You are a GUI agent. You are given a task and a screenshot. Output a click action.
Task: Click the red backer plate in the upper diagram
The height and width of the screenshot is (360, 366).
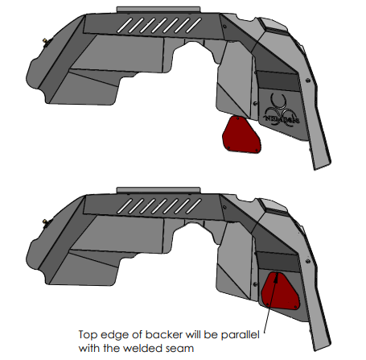[x=241, y=135]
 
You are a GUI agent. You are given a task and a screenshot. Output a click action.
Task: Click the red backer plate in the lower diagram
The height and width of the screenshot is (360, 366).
[x=280, y=292]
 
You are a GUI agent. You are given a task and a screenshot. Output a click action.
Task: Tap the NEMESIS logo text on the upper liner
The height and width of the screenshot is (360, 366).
[x=282, y=119]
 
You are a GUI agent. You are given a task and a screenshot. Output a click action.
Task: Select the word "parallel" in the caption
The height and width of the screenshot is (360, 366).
[x=241, y=335]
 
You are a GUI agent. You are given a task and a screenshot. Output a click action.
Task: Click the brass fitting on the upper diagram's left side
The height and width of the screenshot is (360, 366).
[x=45, y=41]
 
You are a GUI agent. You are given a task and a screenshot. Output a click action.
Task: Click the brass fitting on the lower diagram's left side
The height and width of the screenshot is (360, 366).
[x=45, y=221]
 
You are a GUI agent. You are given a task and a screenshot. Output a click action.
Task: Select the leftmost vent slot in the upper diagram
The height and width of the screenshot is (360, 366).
[x=124, y=26]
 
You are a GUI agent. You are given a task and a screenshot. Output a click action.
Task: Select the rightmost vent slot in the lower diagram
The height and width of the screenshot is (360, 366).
[x=194, y=206]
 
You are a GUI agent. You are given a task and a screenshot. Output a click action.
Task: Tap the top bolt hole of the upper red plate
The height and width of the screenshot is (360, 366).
[x=237, y=118]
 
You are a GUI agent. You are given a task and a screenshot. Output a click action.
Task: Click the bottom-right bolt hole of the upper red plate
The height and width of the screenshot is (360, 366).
[x=257, y=150]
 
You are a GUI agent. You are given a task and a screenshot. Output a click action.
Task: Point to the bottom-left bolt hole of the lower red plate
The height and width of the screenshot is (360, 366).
[x=268, y=304]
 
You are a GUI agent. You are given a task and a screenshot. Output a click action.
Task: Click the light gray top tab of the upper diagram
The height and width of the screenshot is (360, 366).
[x=158, y=10]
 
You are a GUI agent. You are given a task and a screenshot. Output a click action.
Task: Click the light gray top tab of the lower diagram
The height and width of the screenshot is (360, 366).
[x=158, y=190]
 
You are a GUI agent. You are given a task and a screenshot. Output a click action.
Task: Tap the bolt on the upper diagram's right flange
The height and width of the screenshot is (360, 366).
[x=308, y=80]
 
